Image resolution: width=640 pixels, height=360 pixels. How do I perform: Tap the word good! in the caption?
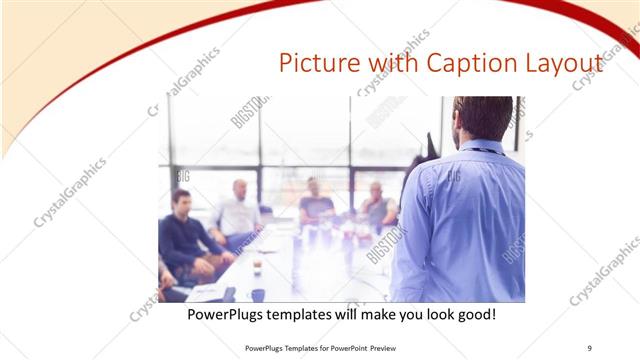click(x=474, y=314)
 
